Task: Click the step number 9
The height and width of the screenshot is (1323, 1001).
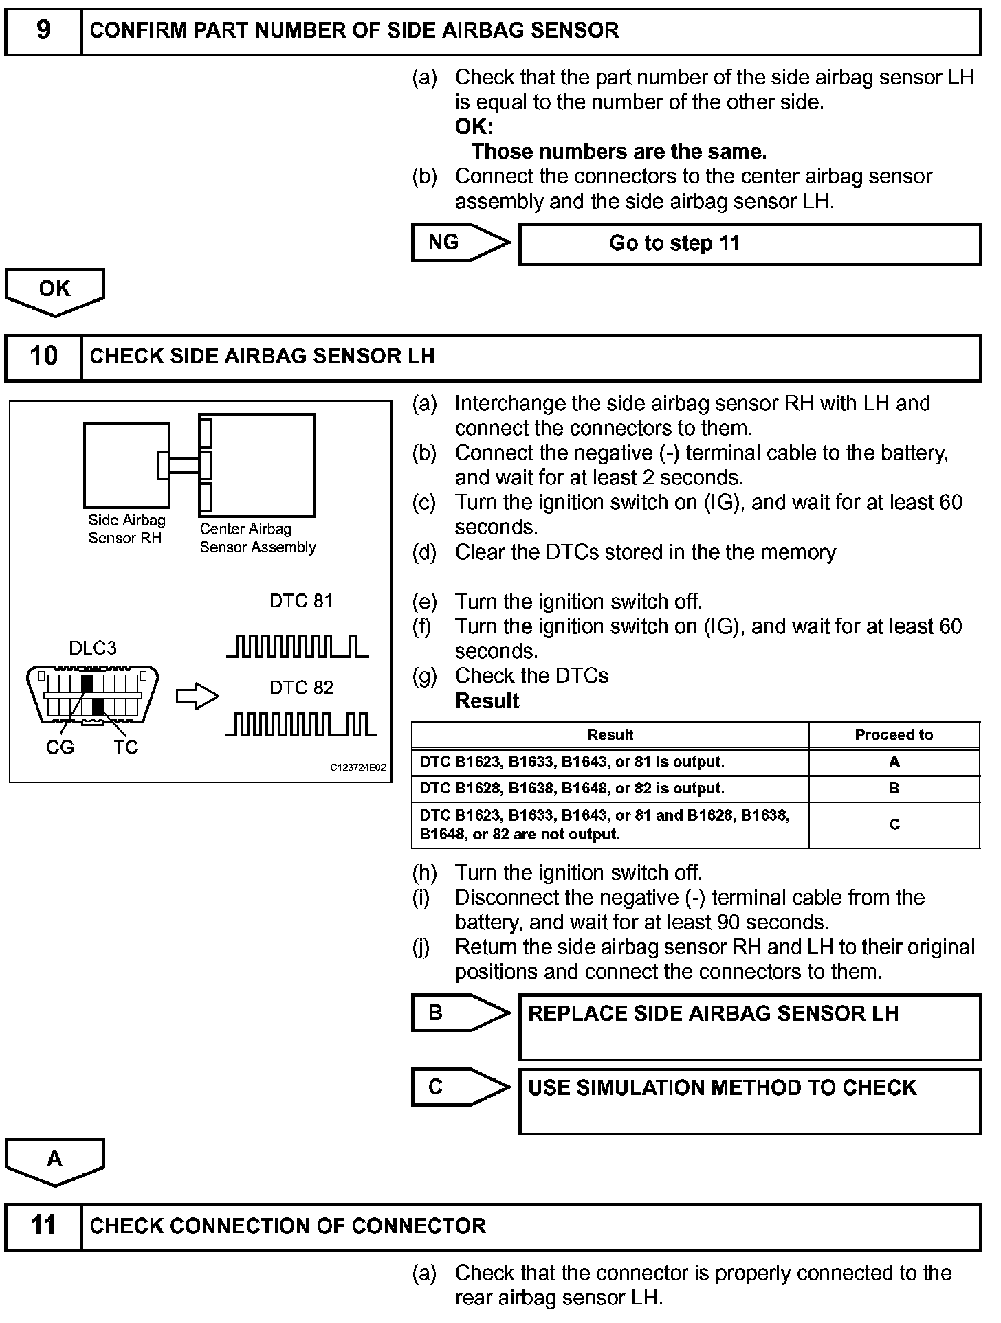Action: pos(43,30)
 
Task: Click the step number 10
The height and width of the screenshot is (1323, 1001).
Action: pos(43,356)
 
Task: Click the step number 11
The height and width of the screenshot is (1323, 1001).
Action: pos(43,1225)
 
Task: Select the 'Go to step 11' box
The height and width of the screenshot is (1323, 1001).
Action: pos(749,244)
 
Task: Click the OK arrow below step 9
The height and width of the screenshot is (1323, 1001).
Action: pos(54,291)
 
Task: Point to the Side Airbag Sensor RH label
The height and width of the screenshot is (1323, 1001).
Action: pos(126,530)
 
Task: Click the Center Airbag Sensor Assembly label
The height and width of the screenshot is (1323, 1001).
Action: pos(258,538)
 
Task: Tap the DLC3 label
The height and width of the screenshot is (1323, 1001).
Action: pos(93,648)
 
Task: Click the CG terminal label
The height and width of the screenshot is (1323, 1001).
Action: pos(60,747)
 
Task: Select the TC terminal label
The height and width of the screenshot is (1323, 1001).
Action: pos(126,747)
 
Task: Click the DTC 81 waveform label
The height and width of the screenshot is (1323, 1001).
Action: pos(301,601)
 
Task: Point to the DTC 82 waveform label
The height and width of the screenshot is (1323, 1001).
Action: pos(301,688)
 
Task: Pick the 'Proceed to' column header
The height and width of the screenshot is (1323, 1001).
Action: pos(893,734)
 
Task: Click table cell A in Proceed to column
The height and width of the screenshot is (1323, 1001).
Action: pos(893,762)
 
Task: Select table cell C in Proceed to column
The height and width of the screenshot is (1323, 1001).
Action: pos(893,824)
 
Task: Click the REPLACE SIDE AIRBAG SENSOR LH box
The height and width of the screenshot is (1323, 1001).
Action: pos(749,1026)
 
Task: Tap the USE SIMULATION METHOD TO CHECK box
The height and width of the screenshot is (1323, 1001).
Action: pos(749,1100)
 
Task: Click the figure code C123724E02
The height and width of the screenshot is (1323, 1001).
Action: pos(357,767)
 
